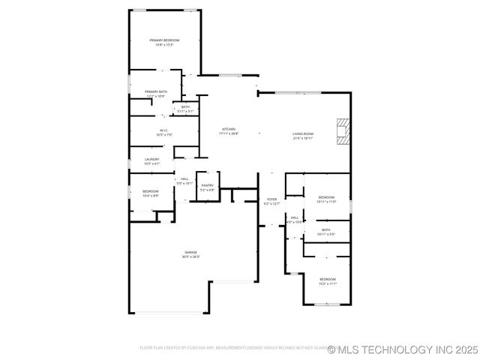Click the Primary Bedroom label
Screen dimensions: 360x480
pyautogui.click(x=164, y=40)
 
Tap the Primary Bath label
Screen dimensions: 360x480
pyautogui.click(x=156, y=91)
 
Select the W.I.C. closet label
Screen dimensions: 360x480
pyautogui.click(x=164, y=130)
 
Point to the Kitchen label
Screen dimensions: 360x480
pyautogui.click(x=229, y=129)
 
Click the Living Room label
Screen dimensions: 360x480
pyautogui.click(x=302, y=133)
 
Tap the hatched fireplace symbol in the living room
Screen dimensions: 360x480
pyautogui.click(x=343, y=131)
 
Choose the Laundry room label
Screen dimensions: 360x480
pyautogui.click(x=151, y=159)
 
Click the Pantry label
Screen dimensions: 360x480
pyautogui.click(x=207, y=185)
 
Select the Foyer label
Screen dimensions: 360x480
pyautogui.click(x=272, y=199)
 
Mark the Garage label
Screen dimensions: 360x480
pyautogui.click(x=190, y=252)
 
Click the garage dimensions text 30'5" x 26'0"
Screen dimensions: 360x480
pyautogui.click(x=190, y=257)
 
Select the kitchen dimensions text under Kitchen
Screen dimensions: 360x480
pyautogui.click(x=229, y=133)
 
